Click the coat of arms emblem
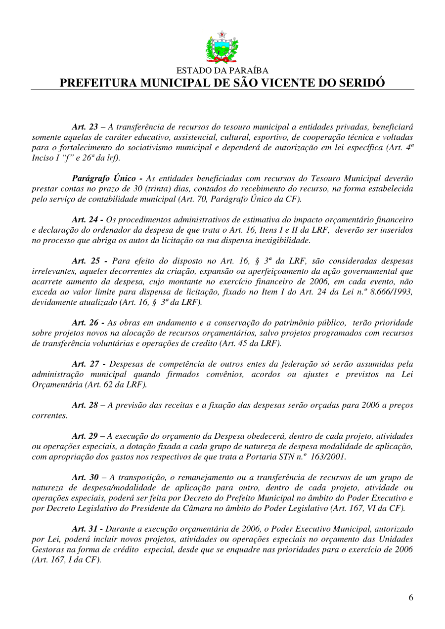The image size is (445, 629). coord(222,47)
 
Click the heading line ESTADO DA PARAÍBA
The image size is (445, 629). coord(222,71)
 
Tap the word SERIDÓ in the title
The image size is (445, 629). coord(360,83)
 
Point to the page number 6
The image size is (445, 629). coord(411,597)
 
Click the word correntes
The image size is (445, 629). coord(49,416)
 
